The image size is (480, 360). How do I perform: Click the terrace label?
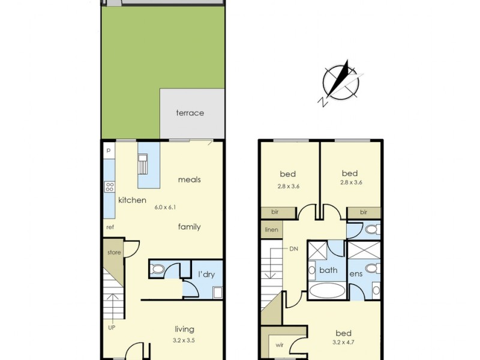coord(190,113)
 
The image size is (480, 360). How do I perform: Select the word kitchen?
coord(132,200)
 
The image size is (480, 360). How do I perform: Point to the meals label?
coord(189,179)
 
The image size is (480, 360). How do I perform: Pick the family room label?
coord(189,227)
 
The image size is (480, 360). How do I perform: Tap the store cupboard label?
coord(114,253)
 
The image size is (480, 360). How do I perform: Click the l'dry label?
coord(207,275)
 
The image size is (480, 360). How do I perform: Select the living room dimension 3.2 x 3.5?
coord(184,340)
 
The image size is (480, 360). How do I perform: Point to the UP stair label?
coord(112,328)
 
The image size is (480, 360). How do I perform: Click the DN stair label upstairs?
coord(293,248)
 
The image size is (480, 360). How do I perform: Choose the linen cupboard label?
coord(271,230)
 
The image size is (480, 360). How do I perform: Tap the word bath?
coord(328,270)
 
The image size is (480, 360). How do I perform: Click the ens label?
coord(357,274)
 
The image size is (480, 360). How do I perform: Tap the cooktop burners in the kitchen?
coord(110,187)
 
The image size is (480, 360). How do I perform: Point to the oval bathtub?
coord(327,292)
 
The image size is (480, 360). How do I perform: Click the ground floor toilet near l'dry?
coord(157,269)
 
